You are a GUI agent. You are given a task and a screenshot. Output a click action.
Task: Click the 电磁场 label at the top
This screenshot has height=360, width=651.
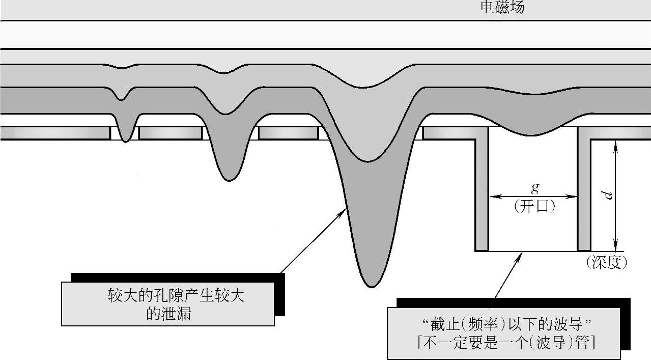pyautogui.click(x=502, y=8)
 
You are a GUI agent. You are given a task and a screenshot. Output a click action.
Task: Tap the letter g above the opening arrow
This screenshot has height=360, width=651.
pyautogui.click(x=534, y=187)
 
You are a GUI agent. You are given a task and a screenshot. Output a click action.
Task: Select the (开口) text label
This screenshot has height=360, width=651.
pyautogui.click(x=534, y=206)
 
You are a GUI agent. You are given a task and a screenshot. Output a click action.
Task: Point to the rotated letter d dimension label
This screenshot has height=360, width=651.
pyautogui.click(x=607, y=195)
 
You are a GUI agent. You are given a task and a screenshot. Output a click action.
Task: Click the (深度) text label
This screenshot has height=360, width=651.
pyautogui.click(x=606, y=263)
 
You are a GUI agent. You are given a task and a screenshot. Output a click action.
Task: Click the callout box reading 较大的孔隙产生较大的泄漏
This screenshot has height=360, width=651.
pyautogui.click(x=168, y=304)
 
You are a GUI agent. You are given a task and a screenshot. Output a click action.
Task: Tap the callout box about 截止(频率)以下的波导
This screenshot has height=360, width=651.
pyautogui.click(x=504, y=334)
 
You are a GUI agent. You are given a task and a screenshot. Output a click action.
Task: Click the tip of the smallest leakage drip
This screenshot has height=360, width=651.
pyautogui.click(x=126, y=141)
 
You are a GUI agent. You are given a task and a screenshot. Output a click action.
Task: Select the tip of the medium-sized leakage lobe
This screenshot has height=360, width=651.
pyautogui.click(x=229, y=179)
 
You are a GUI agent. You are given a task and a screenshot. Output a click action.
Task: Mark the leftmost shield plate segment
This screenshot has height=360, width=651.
pyautogui.click(x=55, y=133)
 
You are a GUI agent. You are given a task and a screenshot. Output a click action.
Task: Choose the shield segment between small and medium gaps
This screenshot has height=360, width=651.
pyautogui.click(x=171, y=133)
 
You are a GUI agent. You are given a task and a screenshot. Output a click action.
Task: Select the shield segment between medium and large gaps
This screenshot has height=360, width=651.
pyautogui.click(x=288, y=133)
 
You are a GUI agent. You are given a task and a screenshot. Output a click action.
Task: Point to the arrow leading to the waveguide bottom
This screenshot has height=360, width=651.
pyautogui.click(x=508, y=275)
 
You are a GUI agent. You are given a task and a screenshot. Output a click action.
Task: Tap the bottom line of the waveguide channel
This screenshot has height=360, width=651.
pyautogui.click(x=532, y=251)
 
